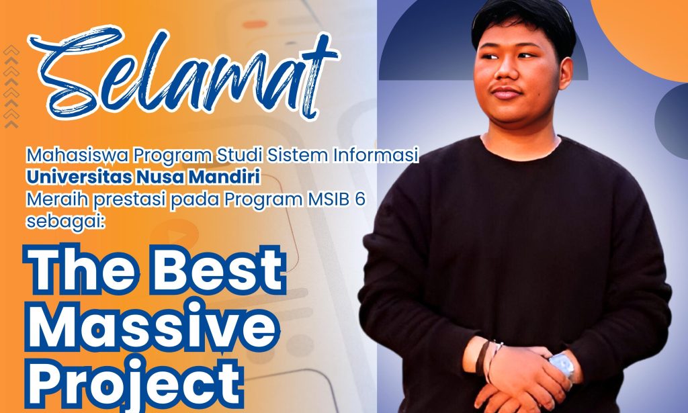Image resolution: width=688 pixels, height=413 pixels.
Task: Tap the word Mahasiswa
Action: pos(77,155)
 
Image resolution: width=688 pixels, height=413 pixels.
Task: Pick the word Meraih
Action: pos(57,199)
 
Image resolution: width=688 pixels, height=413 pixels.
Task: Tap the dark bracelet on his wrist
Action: pos(482,358)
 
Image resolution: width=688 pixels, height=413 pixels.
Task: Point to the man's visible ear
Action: pos(566,73)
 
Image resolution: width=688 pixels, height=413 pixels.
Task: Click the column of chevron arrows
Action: pos(11,86)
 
